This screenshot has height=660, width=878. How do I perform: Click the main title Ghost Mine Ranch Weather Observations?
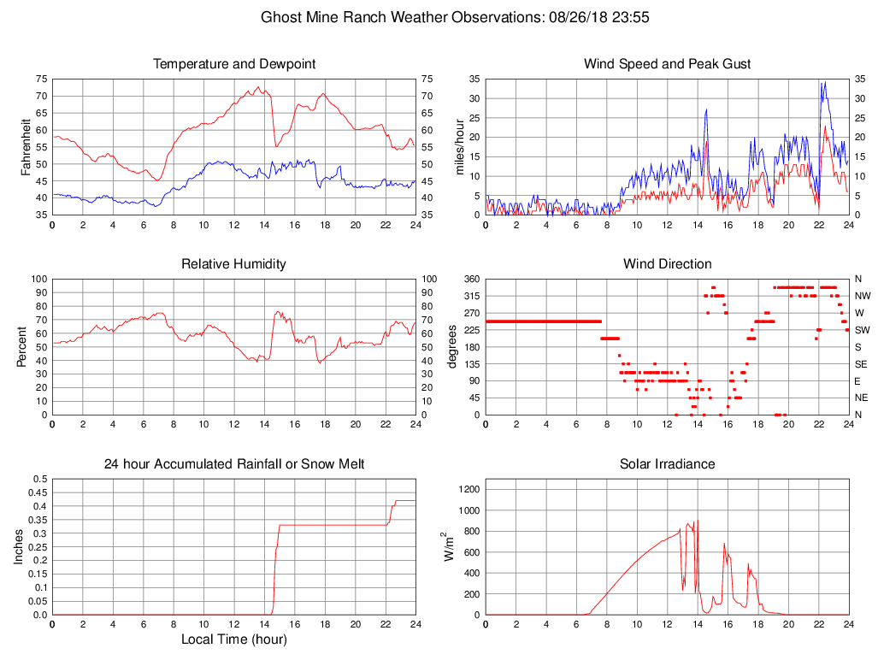point(439,16)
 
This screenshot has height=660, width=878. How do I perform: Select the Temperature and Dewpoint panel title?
point(234,64)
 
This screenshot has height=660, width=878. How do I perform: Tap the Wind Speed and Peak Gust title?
point(667,64)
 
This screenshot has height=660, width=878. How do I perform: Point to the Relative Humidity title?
point(234,264)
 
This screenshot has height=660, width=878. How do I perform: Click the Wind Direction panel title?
point(667,264)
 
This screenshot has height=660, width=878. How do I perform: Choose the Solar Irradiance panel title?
point(667,464)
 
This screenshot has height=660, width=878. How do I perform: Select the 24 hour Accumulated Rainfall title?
point(234,464)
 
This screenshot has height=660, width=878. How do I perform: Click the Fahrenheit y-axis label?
point(27,147)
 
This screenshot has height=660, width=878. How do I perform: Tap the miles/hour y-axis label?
point(460,147)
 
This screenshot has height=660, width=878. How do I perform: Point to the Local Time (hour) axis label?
point(234,639)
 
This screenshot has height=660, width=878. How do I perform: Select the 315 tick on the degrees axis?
point(470,296)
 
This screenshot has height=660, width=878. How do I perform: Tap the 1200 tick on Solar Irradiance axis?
point(467,489)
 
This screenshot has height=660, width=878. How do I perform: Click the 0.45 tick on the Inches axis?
point(39,492)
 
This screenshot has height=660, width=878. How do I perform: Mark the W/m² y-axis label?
point(448,546)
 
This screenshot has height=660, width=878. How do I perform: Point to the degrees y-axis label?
point(453,347)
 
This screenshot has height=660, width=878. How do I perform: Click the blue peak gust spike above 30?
point(824,84)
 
